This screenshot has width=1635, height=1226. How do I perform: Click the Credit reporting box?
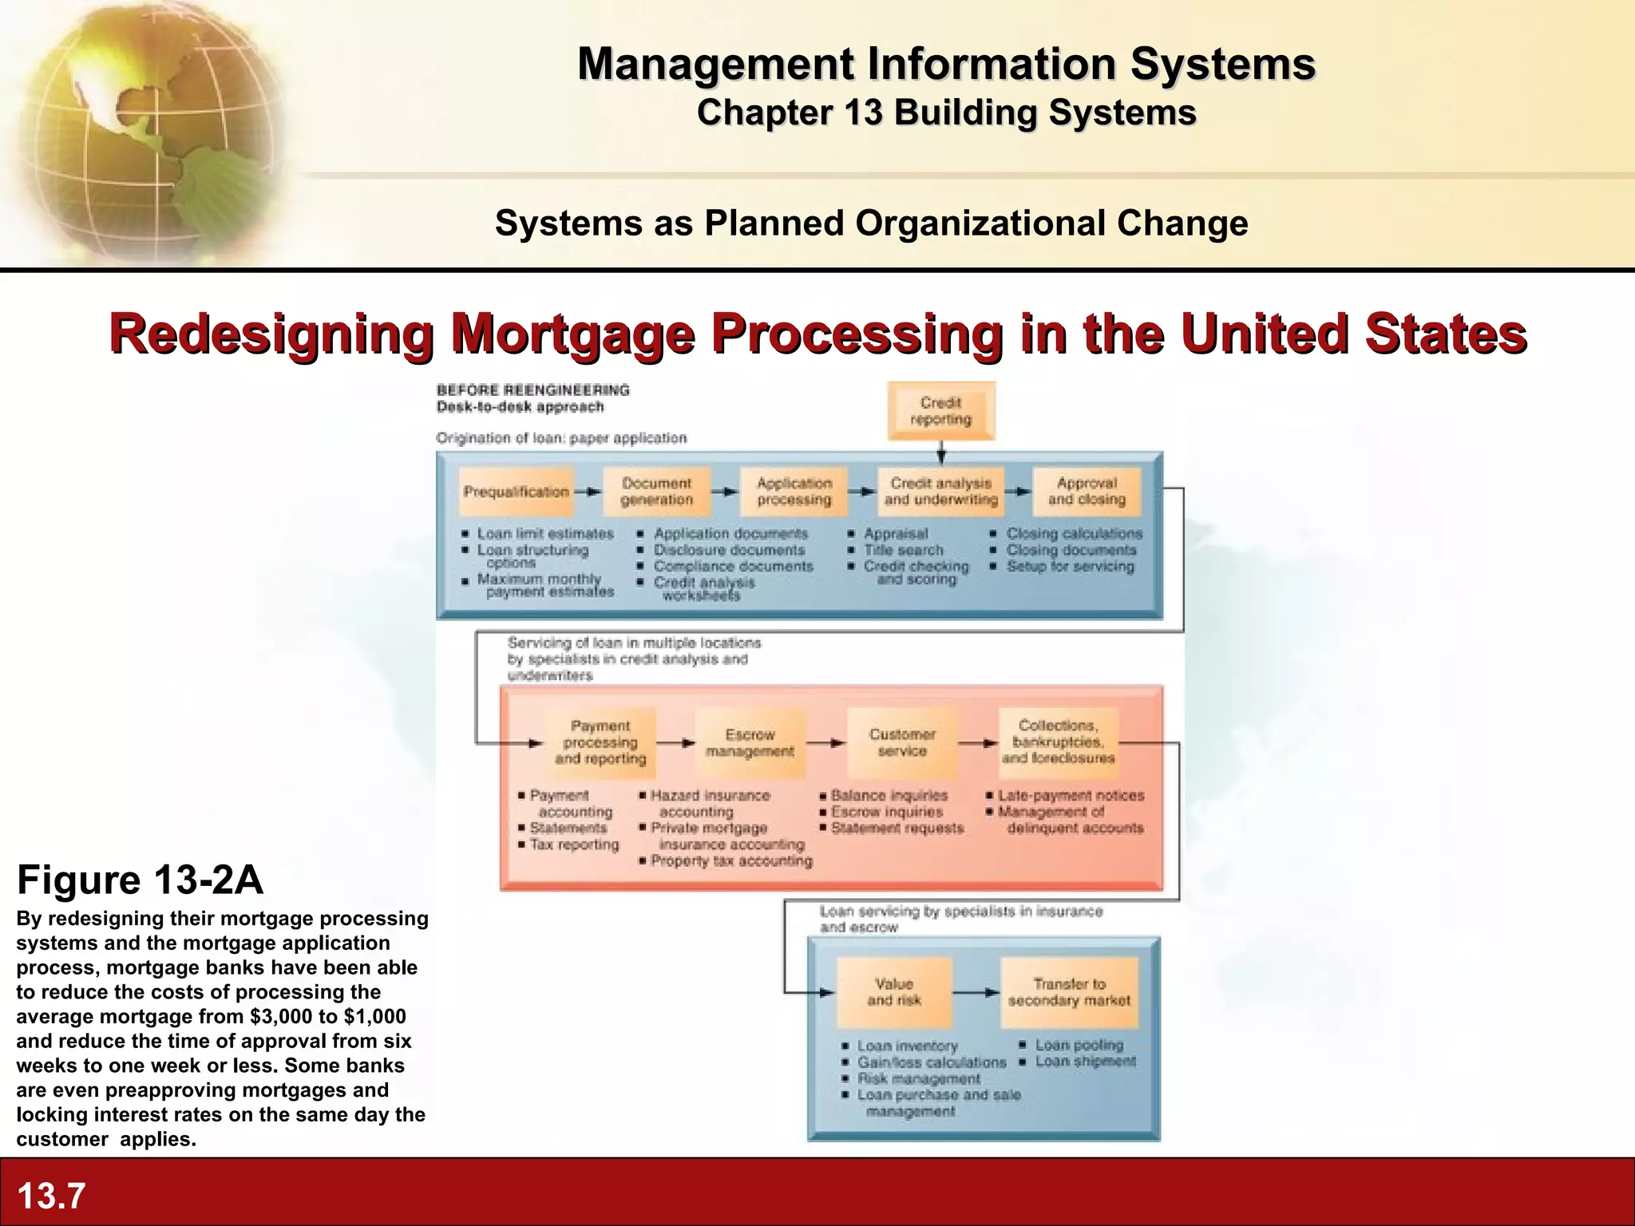tap(941, 411)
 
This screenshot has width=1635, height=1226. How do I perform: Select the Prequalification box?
tap(517, 492)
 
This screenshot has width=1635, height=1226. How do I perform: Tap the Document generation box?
tap(656, 492)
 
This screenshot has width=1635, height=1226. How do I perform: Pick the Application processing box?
tap(794, 492)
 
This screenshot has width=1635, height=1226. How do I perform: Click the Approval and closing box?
tap(1087, 492)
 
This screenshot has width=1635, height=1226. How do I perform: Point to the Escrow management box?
tap(750, 743)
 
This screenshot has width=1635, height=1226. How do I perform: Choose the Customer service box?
tap(902, 743)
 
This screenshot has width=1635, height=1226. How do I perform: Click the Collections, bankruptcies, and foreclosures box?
tap(1058, 742)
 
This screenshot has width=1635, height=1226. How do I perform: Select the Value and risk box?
tap(894, 992)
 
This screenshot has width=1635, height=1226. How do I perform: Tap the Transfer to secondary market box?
tap(1069, 992)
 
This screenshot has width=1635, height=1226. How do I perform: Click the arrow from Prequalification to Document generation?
tap(588, 492)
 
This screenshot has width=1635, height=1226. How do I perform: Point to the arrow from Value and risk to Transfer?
tap(976, 993)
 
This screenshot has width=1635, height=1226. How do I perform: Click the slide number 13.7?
tap(51, 1196)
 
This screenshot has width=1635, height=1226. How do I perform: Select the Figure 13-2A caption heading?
tap(140, 880)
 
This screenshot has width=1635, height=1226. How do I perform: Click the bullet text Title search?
tap(903, 550)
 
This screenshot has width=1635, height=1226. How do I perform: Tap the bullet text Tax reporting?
tap(574, 844)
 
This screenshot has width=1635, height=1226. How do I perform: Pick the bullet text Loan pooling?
tap(1079, 1045)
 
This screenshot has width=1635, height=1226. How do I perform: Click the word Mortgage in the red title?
tap(572, 334)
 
